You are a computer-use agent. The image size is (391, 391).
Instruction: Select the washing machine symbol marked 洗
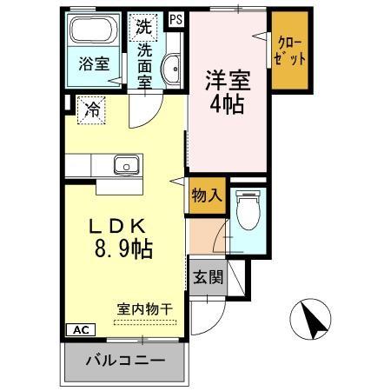tap(142, 26)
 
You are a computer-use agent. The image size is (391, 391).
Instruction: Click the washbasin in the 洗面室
tap(171, 69)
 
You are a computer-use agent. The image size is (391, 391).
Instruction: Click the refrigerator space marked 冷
tap(90, 109)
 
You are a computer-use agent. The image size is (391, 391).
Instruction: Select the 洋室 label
tap(228, 80)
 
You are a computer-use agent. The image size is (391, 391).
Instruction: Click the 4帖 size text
tap(229, 104)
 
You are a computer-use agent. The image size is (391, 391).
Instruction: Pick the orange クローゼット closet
tap(289, 50)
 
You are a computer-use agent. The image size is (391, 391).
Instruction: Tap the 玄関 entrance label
tap(208, 278)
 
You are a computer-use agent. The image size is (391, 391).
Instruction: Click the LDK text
tap(122, 225)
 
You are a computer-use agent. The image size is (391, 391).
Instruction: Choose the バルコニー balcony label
tap(125, 360)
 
